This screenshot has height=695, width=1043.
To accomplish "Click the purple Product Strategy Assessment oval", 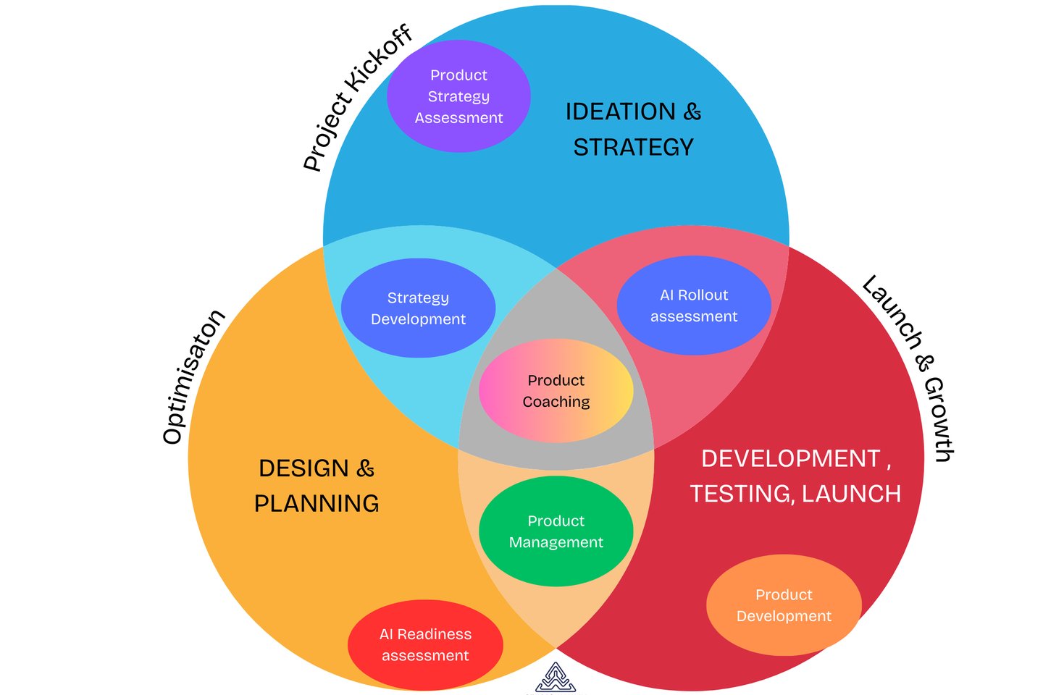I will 458,96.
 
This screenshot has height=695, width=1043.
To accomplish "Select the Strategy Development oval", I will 418,308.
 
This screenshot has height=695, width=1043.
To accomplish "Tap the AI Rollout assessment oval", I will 694,306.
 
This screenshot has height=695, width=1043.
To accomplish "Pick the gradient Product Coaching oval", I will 556,391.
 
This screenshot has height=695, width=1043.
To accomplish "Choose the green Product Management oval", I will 556,531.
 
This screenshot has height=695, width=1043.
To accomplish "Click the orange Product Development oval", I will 784,605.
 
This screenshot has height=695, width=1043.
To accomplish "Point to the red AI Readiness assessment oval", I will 425,644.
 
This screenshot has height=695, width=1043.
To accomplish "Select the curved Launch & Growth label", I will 910,366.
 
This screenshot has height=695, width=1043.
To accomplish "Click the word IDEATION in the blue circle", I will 620,111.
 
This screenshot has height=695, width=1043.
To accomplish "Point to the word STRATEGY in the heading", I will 634,148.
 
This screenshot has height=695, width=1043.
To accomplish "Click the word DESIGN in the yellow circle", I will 303,468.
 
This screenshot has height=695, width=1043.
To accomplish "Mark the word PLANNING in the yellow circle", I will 317,503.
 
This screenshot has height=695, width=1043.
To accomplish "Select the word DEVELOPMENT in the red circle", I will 790,459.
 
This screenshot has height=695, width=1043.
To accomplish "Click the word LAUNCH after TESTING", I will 851,494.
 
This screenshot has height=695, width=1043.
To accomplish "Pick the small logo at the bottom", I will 556,678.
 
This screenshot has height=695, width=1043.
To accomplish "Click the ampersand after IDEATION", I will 692,111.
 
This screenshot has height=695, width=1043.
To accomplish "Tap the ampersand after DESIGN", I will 366,468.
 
